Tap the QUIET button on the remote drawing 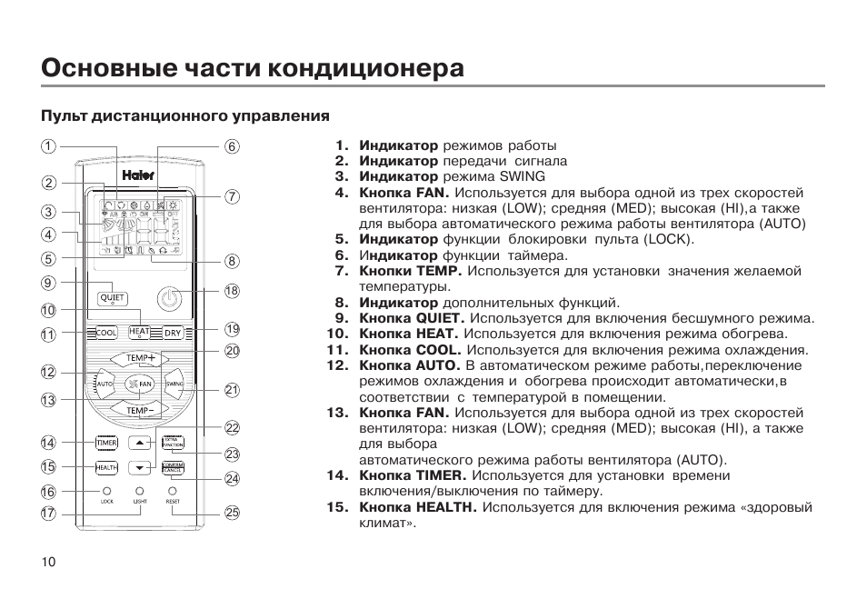tap(112, 297)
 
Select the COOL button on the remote tap(105, 334)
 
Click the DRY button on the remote tap(173, 334)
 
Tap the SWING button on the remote tap(174, 384)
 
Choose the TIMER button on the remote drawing tap(107, 443)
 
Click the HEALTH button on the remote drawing tap(107, 467)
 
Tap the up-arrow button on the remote tap(139, 444)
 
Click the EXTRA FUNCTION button tap(172, 443)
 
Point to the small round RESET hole tap(173, 491)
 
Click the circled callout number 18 tap(232, 292)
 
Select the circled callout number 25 tap(232, 513)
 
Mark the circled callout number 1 tap(48, 146)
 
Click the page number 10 tap(48, 562)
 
